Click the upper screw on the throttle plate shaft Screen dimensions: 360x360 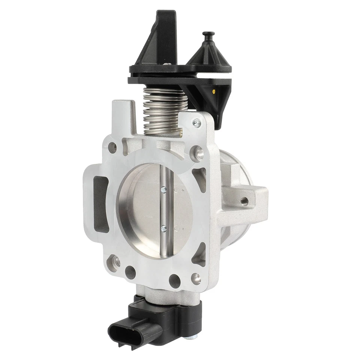click(x=163, y=190)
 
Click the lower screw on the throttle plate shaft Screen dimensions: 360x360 click(x=163, y=228)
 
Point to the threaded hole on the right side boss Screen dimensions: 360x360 click(x=245, y=201)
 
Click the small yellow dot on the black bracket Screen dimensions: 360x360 click(x=214, y=91)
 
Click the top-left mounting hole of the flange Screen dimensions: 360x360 click(x=112, y=147)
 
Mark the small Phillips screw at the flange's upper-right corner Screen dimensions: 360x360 click(x=196, y=123)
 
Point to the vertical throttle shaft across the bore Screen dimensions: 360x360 click(x=164, y=210)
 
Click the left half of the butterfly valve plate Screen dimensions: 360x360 click(x=141, y=210)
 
